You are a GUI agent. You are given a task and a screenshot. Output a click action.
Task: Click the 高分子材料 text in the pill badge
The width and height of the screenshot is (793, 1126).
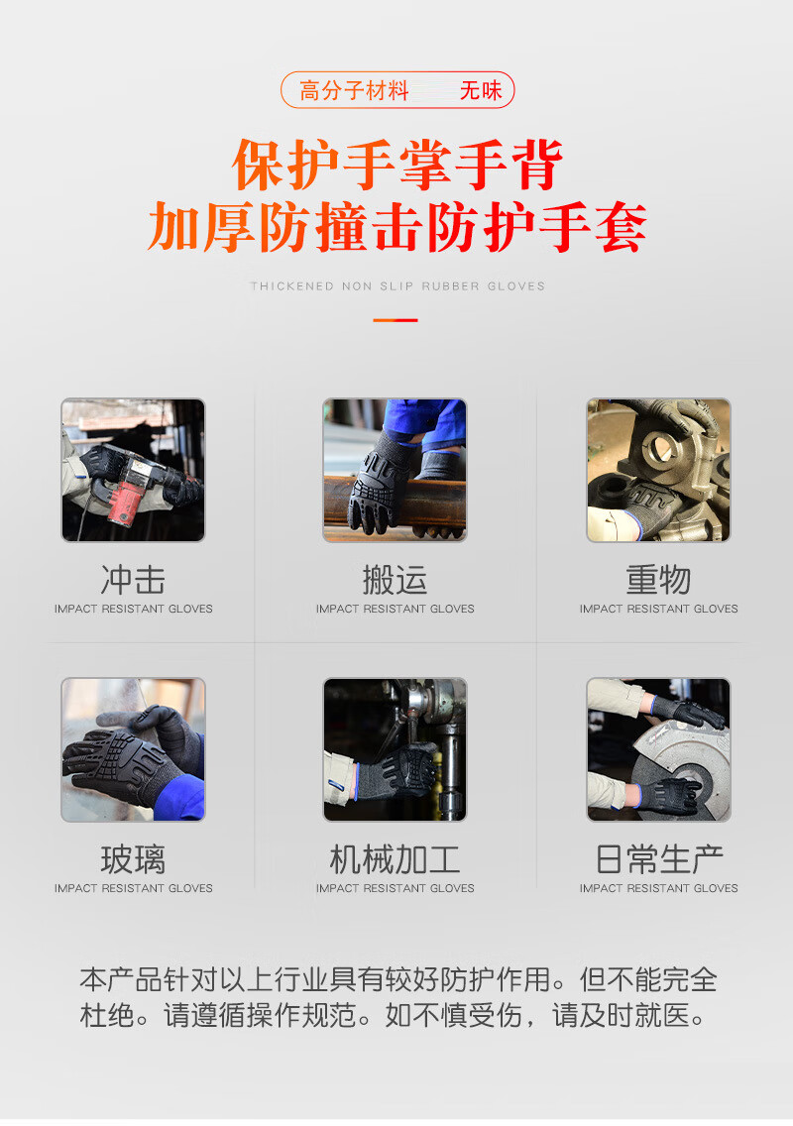354,90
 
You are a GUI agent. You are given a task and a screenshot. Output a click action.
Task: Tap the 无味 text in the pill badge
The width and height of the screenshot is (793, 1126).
481,90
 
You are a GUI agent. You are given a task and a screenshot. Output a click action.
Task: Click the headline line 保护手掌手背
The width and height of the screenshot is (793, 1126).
397,165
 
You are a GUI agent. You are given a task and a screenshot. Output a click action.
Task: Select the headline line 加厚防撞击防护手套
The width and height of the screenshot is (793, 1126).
397,226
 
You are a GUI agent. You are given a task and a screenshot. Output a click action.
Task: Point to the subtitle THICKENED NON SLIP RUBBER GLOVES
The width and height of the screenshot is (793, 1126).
397,285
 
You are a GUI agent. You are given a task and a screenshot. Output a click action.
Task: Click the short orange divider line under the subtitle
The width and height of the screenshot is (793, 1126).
396,320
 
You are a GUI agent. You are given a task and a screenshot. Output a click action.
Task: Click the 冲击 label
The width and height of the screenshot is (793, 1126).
133,580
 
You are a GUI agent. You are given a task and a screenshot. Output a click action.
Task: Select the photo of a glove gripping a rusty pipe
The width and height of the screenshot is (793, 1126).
395,470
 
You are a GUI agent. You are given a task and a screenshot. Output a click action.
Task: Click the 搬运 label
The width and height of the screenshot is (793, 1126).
396,580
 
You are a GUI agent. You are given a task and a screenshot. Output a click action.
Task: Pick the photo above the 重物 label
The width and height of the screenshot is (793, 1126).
658,470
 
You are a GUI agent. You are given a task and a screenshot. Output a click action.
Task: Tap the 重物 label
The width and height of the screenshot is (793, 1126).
658,580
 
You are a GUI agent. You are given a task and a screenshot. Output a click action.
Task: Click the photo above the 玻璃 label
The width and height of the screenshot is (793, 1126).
133,749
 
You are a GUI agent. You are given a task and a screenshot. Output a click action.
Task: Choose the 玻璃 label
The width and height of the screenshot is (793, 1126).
133,859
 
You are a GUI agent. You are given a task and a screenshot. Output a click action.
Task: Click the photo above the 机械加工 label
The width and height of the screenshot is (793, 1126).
395,749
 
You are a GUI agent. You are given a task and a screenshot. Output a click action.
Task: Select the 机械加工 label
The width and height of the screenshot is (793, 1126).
396,859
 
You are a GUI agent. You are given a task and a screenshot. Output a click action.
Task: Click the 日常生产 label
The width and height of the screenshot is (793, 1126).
658,859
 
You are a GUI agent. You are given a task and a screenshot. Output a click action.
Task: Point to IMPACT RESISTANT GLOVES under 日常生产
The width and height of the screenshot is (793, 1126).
658,888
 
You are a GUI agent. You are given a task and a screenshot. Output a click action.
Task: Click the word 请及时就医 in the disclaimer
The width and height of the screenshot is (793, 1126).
621,1015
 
